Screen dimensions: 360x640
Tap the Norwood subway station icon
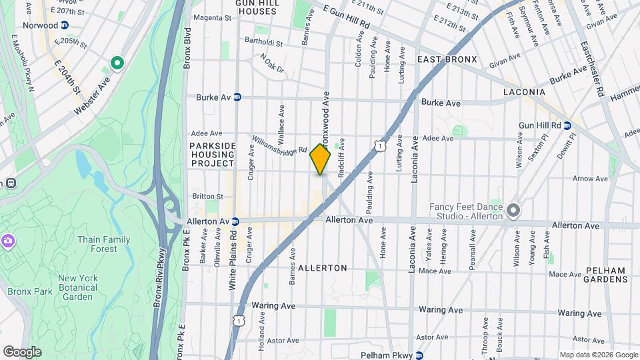[64, 25]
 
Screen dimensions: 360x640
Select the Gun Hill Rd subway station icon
[567, 125]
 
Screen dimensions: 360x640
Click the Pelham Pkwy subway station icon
[419, 355]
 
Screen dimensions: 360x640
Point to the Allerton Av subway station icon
[235, 221]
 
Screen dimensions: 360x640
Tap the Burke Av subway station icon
[237, 97]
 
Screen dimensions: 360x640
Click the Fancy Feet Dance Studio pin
[513, 211]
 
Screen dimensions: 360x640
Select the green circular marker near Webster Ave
[117, 64]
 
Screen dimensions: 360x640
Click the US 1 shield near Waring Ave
[238, 321]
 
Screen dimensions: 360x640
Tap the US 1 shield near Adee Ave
[379, 145]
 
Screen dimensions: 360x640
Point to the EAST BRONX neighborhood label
[447, 59]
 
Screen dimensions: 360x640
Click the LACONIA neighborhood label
[524, 91]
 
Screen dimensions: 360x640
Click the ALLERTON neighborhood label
[323, 267]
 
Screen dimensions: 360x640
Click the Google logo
[22, 351]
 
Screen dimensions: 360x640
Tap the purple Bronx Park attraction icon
[7, 240]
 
